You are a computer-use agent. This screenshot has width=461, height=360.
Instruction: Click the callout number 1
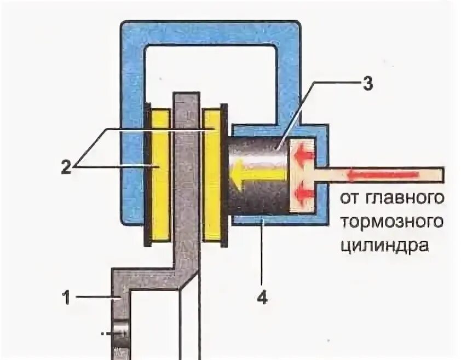click(x=65, y=297)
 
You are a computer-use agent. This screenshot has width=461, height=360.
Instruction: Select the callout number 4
click(x=262, y=298)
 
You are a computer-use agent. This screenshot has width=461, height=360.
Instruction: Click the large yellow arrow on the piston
click(x=257, y=176)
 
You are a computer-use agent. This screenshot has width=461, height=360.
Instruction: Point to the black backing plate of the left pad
click(x=148, y=175)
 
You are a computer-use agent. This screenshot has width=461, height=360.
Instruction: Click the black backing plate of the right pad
click(x=223, y=175)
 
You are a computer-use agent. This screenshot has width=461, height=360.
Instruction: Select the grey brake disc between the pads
click(x=186, y=175)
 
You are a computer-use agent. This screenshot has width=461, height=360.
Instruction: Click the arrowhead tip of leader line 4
click(x=262, y=219)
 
